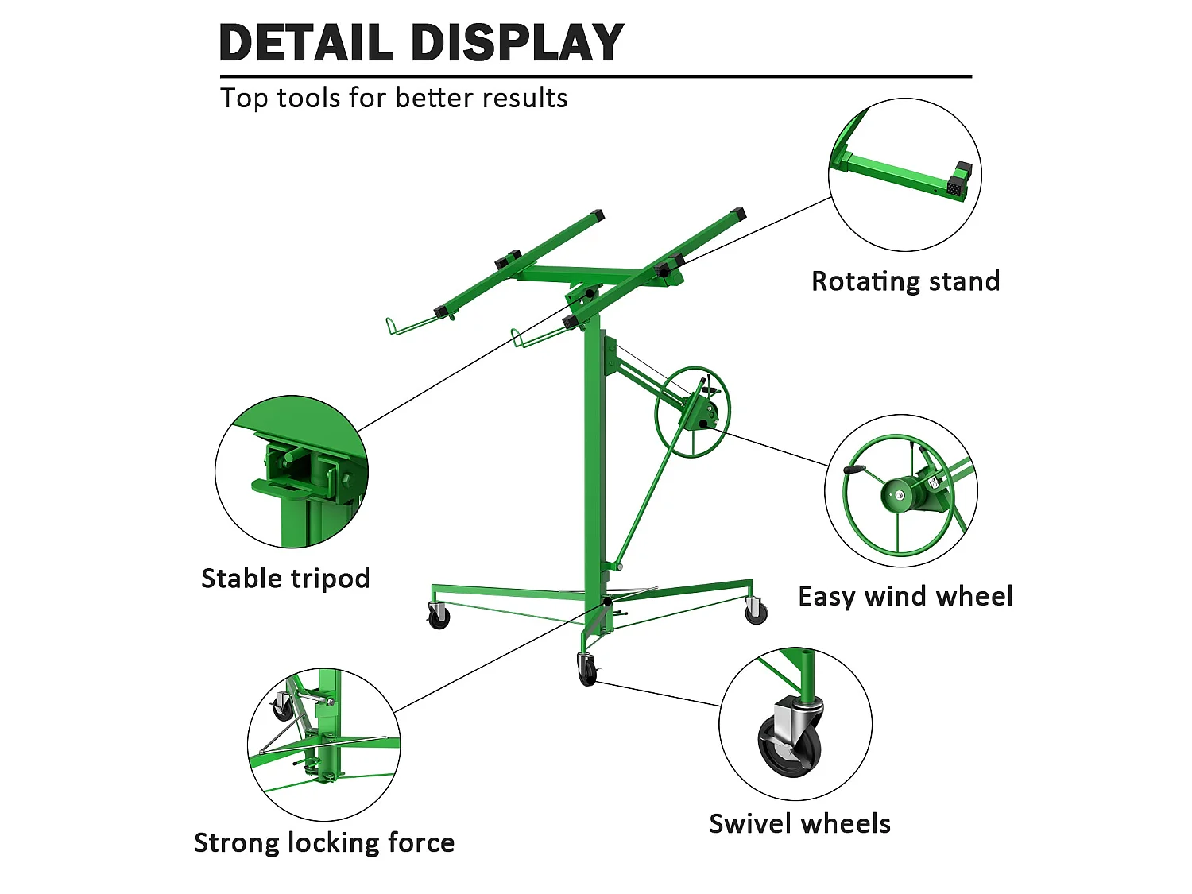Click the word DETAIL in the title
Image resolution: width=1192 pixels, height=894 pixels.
[x=306, y=42]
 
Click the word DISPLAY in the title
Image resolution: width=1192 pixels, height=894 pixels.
[x=517, y=42]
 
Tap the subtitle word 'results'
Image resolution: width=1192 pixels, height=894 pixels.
[x=524, y=99]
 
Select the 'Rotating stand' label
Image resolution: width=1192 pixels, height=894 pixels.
[x=905, y=282]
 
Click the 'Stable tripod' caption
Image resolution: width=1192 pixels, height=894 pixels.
[x=285, y=579]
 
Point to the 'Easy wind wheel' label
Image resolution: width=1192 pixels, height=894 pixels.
[x=905, y=597]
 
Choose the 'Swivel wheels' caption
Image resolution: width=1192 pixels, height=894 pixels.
[x=800, y=824]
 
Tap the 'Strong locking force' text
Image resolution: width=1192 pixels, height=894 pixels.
[x=324, y=843]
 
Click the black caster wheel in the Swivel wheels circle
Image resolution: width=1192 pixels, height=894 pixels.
[x=788, y=745]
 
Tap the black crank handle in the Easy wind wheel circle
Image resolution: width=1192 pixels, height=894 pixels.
[x=854, y=470]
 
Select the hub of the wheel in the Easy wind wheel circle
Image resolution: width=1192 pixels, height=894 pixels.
[x=899, y=495]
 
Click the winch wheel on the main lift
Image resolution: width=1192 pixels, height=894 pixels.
[x=692, y=412]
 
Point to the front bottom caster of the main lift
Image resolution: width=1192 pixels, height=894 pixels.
[x=587, y=670]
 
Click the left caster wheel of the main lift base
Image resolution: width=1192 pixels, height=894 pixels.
[x=439, y=617]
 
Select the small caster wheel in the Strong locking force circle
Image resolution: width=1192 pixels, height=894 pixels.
[x=282, y=707]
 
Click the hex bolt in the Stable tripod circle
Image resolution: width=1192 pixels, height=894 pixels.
[x=346, y=478]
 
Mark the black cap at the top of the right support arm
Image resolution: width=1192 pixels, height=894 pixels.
[x=738, y=213]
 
